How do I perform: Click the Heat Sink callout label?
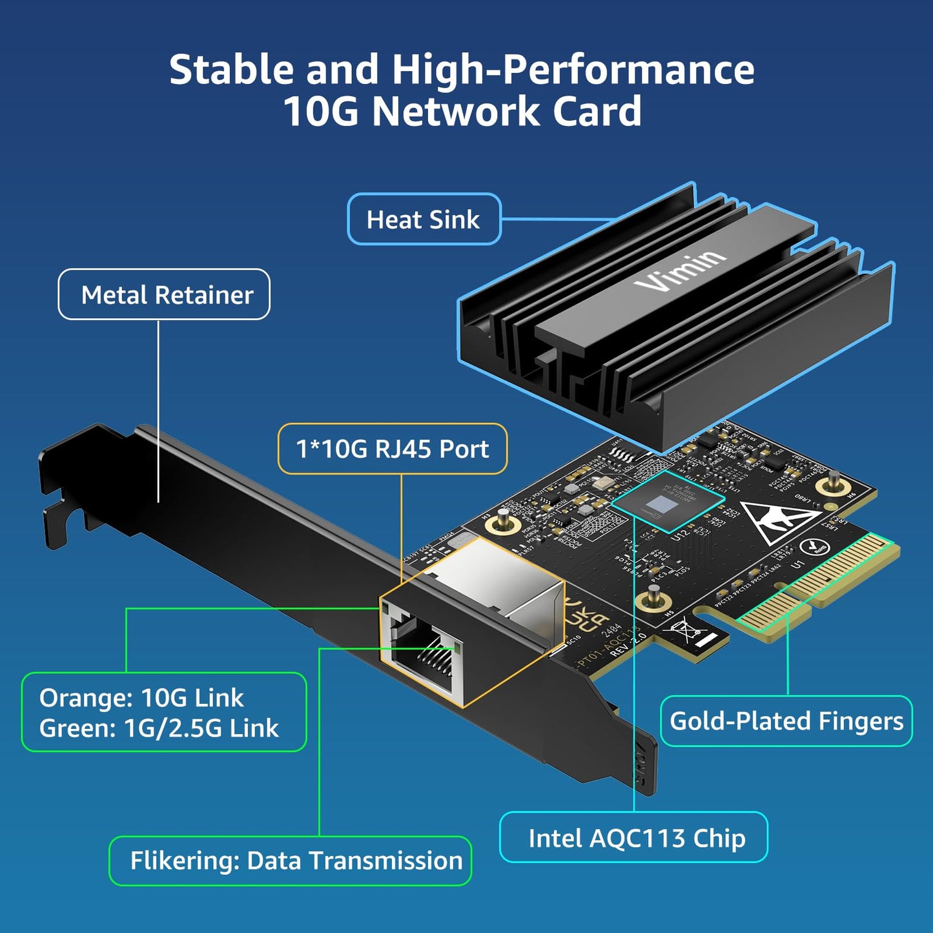424,220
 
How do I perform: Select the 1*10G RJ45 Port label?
392,449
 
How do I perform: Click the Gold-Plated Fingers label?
786,721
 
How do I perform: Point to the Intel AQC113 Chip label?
636,838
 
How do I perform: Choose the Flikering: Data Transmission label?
296,861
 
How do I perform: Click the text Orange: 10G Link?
141,698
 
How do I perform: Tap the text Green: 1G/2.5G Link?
159,728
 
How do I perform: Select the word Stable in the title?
231,70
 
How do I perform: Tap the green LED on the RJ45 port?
458,646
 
